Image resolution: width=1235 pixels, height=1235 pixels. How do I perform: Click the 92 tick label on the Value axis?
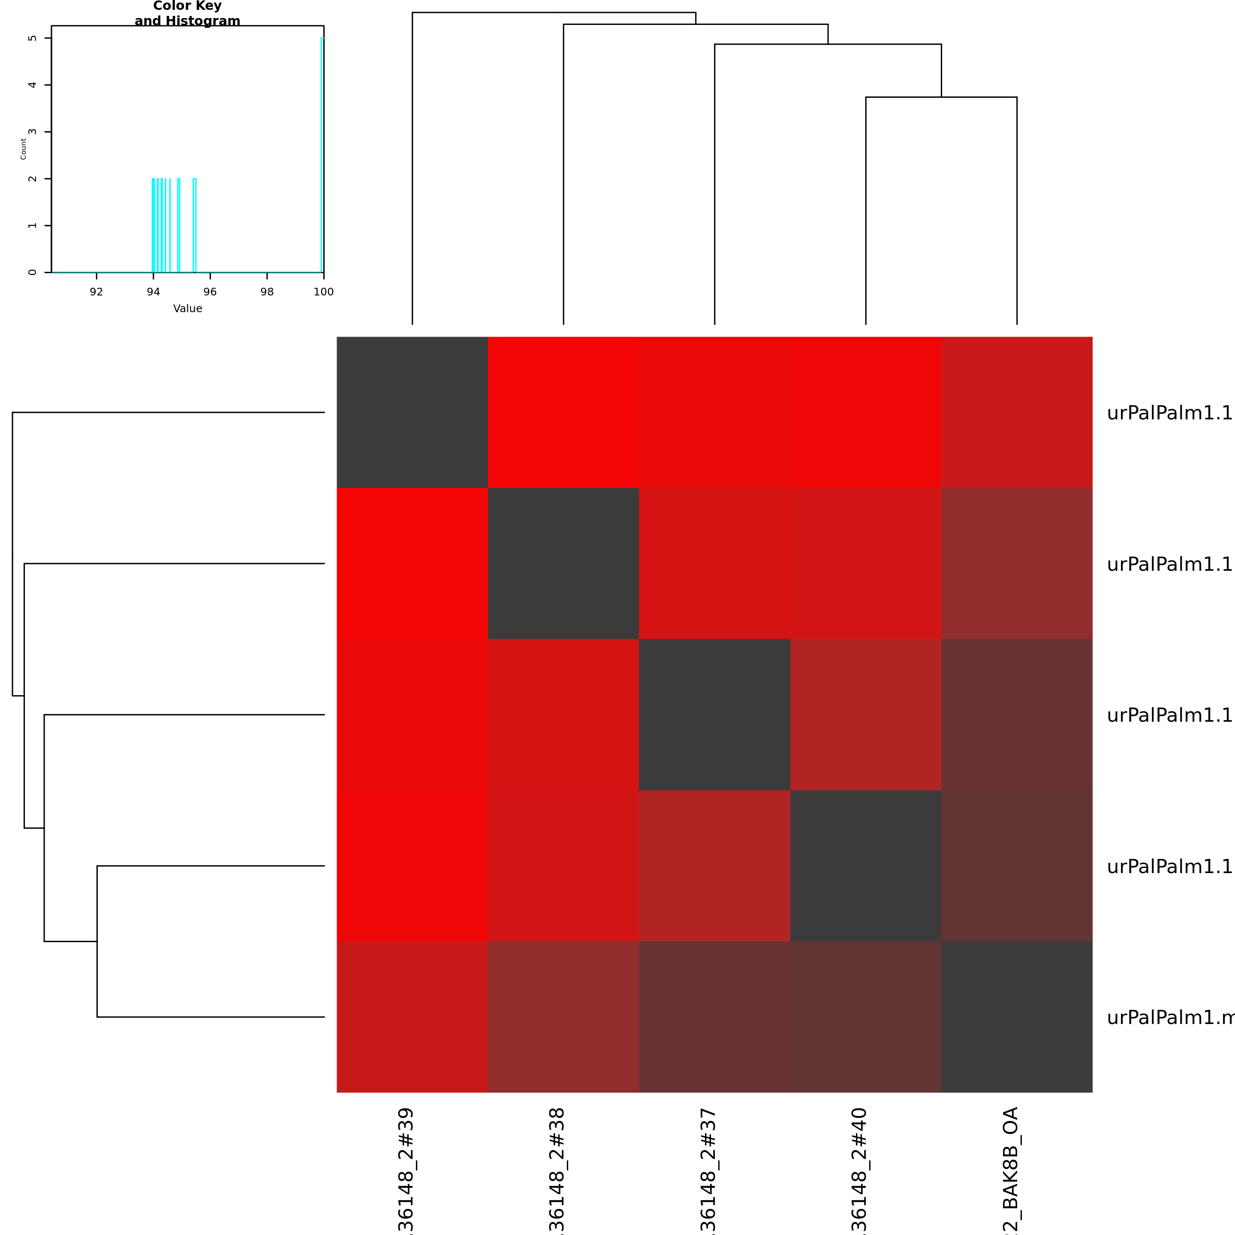coord(96,292)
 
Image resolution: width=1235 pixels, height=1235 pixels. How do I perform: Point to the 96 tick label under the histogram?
coord(210,292)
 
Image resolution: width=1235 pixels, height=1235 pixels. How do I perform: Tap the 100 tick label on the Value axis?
coord(323,292)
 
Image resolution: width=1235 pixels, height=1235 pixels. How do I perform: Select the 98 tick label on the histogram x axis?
coord(267,292)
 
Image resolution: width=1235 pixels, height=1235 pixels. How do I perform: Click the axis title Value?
coord(188,309)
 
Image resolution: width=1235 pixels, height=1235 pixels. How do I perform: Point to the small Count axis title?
coord(24,149)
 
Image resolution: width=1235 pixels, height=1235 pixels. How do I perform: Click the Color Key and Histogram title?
coord(187,13)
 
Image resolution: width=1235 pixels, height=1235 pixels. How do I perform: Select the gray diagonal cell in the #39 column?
coord(412,412)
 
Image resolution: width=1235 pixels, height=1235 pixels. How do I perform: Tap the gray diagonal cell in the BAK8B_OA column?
coord(1017,1017)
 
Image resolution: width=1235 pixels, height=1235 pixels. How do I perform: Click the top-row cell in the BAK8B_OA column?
coord(1017,412)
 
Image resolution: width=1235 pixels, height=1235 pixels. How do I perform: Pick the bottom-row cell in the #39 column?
coord(412,1017)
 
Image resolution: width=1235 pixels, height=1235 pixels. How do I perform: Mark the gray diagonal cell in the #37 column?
coord(715,715)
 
